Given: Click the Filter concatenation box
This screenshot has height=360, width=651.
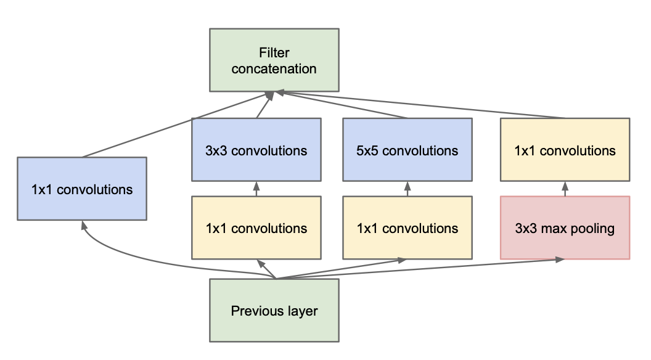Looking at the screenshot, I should click(x=274, y=60).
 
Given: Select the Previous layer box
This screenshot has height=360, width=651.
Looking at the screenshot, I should click(x=274, y=310).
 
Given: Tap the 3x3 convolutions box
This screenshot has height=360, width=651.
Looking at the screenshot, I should click(x=256, y=150).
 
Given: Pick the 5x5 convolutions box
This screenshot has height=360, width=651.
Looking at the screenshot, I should click(x=407, y=150).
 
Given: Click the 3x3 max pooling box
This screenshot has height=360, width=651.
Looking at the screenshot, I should click(x=565, y=228).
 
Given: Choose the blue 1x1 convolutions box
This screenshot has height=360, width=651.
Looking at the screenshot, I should click(x=81, y=189).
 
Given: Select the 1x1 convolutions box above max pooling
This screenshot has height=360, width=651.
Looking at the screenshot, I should click(x=565, y=150).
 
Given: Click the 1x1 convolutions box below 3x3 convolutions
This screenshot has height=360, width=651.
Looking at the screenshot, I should click(x=256, y=228).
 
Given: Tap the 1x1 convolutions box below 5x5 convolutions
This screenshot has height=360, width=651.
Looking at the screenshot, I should click(x=407, y=228).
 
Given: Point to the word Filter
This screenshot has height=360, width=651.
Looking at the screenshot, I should click(x=274, y=53).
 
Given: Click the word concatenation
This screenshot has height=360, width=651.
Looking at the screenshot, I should click(x=274, y=68).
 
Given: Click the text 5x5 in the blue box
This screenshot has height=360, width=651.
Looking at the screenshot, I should click(x=369, y=150).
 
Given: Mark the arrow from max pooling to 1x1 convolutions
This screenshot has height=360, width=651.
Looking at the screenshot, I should click(x=565, y=189).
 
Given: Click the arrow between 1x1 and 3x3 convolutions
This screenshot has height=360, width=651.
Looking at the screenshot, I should click(x=256, y=189).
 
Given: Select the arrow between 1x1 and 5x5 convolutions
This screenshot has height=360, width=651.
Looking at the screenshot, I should click(x=407, y=189).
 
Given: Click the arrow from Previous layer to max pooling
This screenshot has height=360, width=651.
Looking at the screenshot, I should click(x=432, y=269).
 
